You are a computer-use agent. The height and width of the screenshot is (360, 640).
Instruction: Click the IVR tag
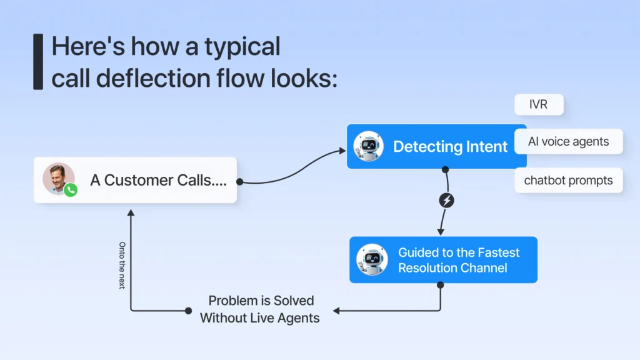coord(538,104)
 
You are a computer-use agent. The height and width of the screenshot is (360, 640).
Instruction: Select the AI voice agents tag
coord(568,141)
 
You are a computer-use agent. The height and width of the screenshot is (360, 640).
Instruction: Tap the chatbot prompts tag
coord(568,181)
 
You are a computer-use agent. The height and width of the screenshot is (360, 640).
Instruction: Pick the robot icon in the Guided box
coord(372,260)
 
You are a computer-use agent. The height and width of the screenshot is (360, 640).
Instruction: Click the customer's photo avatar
coord(58,178)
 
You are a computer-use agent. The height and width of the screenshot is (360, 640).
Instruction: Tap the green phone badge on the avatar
coord(71,190)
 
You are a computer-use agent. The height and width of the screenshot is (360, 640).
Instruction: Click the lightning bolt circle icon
coord(447,201)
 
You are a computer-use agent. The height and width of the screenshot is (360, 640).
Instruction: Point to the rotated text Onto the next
coord(122,265)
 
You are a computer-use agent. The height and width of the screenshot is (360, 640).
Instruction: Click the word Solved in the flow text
coord(293,301)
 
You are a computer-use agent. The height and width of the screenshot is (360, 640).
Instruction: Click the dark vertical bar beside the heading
coord(38,62)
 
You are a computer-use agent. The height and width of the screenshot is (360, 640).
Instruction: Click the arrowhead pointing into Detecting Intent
coord(342,151)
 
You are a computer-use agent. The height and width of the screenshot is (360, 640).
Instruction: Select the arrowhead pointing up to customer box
coord(131,212)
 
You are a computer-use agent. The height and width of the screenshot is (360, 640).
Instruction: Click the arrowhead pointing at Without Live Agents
coord(336,310)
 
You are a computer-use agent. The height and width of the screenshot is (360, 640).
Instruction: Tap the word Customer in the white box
coord(137,180)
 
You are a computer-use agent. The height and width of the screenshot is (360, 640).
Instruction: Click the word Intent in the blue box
coord(487,147)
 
